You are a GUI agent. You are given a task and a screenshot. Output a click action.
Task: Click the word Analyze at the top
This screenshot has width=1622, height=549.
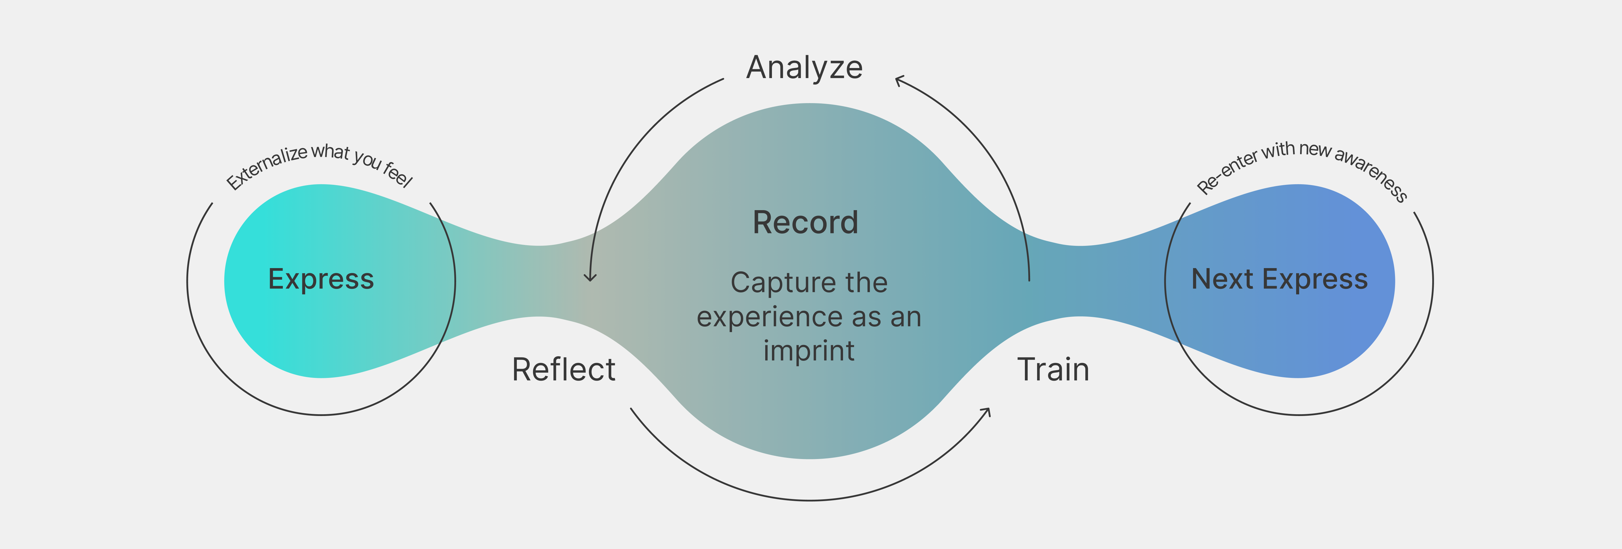click(804, 67)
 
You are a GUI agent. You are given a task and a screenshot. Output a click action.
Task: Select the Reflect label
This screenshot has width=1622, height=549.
click(564, 370)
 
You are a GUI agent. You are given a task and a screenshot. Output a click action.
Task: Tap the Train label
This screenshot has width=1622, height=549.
click(1053, 370)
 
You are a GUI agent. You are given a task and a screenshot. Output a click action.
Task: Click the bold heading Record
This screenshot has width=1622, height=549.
click(805, 222)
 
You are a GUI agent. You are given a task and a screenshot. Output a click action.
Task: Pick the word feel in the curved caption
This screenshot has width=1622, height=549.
click(398, 174)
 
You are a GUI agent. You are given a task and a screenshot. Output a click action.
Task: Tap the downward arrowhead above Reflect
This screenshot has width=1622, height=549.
click(590, 277)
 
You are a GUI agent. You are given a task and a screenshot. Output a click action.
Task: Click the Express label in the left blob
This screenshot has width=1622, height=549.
click(321, 279)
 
